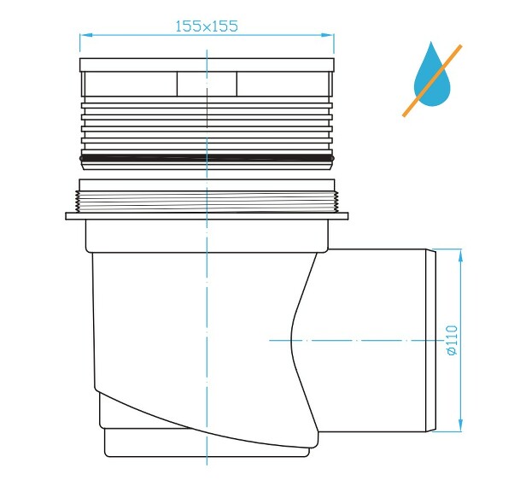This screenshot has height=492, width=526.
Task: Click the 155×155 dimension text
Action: (x=207, y=26)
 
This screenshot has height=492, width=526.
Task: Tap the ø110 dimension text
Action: (x=453, y=340)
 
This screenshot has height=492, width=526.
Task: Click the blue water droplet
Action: (x=432, y=74)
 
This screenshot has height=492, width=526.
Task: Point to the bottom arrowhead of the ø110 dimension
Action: (x=460, y=425)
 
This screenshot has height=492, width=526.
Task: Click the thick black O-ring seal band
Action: (x=207, y=157)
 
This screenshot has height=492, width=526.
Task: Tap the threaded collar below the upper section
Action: (x=207, y=202)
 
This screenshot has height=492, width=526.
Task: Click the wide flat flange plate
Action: (x=207, y=216)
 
